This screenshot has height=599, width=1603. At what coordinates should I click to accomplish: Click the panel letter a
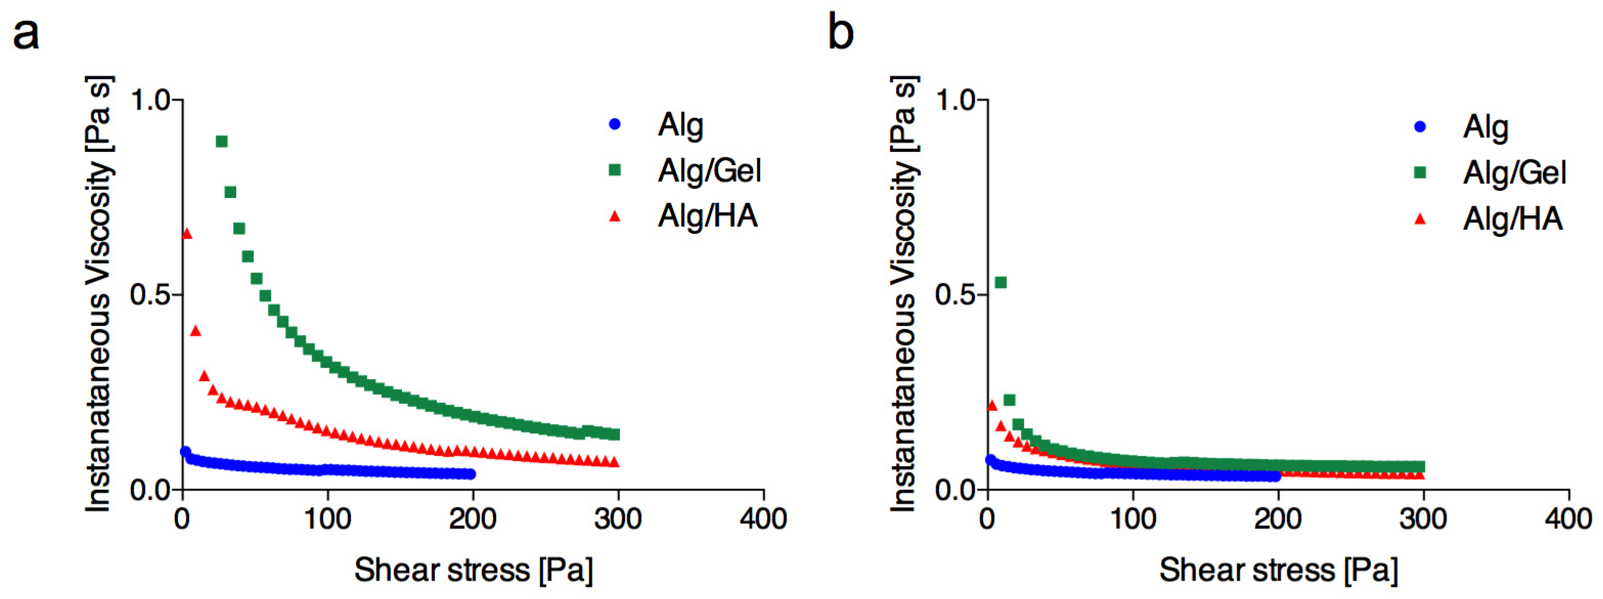tap(26, 34)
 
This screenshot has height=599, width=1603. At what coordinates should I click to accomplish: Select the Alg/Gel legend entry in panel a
tap(709, 170)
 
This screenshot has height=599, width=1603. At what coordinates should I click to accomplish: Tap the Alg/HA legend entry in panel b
tap(1512, 219)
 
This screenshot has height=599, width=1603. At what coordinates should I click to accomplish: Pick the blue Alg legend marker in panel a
tap(615, 124)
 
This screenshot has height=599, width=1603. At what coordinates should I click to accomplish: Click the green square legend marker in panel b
tap(1419, 172)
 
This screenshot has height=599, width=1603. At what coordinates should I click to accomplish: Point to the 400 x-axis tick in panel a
tap(764, 518)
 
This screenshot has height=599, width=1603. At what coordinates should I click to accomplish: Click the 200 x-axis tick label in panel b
tap(1278, 518)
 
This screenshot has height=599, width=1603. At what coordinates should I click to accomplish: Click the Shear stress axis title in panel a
tap(473, 570)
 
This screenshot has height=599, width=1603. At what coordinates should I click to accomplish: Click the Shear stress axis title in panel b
tap(1278, 570)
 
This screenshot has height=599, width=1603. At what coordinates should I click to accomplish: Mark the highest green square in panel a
tap(221, 141)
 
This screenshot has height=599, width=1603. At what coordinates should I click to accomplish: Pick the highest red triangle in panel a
tap(186, 233)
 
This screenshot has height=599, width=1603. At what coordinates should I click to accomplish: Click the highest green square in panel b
tap(1000, 282)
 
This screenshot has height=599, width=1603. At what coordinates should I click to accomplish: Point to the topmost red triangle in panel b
tap(991, 406)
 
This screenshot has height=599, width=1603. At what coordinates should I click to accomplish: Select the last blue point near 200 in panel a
tap(471, 474)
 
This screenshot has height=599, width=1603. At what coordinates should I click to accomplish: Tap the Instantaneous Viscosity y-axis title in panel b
tap(904, 294)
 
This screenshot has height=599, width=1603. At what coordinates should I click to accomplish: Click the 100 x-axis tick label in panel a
tap(327, 518)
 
